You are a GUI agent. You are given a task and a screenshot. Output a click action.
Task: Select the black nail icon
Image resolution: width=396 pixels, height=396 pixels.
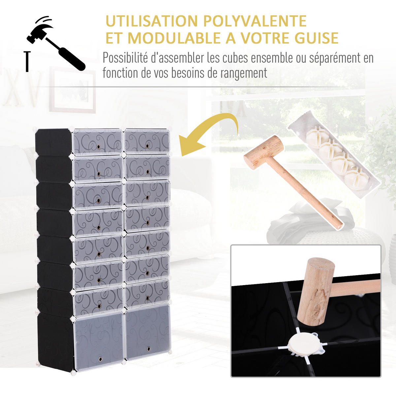(27, 61)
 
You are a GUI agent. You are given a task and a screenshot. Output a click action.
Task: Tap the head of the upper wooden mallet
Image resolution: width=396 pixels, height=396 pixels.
(264, 152)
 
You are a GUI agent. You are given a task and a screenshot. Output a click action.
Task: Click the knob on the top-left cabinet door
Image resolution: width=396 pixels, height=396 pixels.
(98, 147)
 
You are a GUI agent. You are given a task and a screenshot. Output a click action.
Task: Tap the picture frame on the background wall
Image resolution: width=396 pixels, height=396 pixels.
(73, 90)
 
